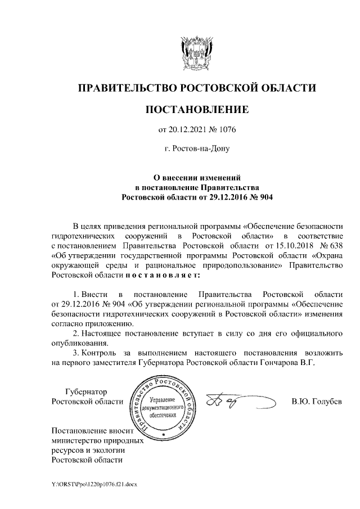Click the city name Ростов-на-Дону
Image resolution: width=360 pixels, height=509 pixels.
coord(197,149)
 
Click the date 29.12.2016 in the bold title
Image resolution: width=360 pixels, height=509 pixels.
coord(219,197)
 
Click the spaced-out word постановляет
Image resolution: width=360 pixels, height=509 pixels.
coord(163,275)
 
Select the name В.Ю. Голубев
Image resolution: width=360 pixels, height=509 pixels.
coord(316,402)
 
